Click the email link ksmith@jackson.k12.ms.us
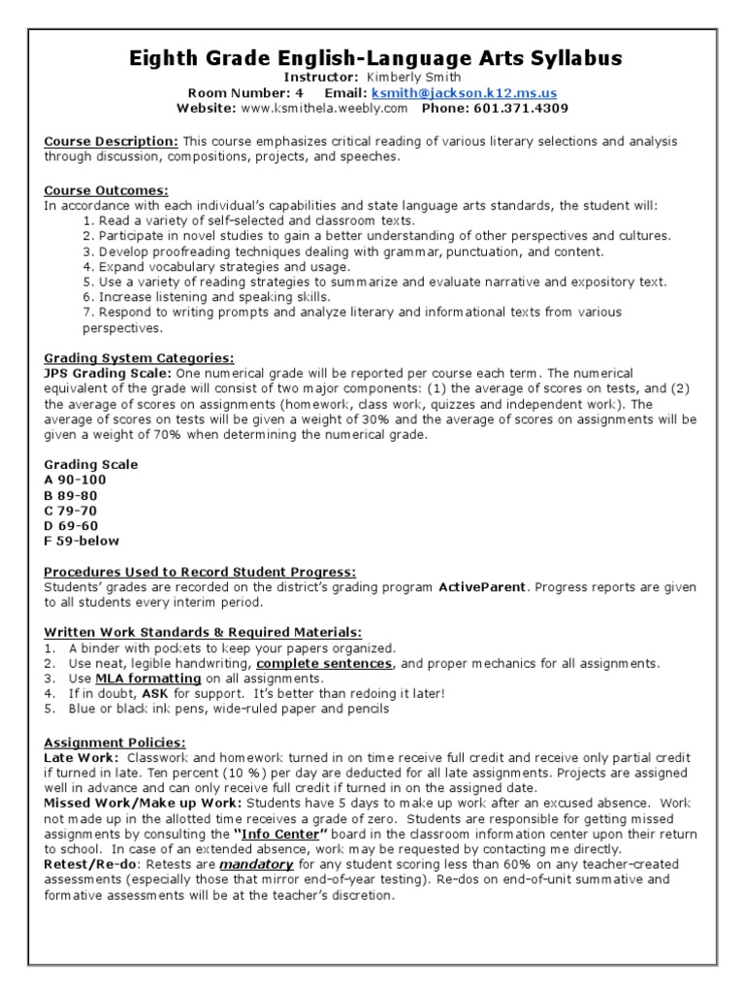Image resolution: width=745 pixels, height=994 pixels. (482, 92)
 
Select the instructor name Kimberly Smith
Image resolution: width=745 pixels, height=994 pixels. (407, 77)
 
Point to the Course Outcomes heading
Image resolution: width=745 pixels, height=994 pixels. (106, 190)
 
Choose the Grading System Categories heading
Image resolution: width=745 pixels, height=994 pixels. (139, 358)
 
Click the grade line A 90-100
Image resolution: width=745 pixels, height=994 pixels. (75, 480)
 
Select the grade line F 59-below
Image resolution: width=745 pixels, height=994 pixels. (81, 542)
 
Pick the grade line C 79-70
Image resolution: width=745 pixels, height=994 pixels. (71, 511)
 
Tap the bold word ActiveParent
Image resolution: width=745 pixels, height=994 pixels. (482, 587)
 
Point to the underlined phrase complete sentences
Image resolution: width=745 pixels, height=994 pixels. (324, 663)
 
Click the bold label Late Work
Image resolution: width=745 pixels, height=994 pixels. (81, 756)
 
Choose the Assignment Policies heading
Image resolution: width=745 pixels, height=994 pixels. (101, 742)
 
